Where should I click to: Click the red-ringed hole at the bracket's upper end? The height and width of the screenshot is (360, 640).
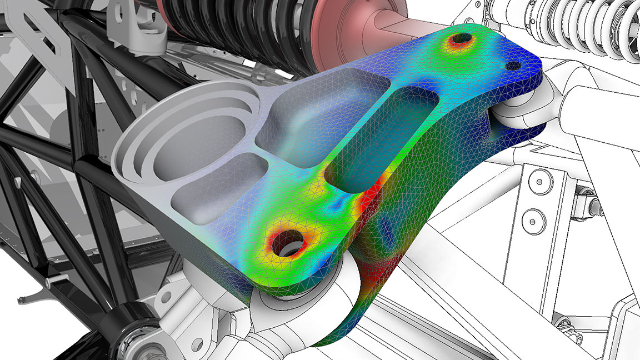click(x=461, y=40)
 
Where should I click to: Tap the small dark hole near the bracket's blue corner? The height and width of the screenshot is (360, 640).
click(x=513, y=66)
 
